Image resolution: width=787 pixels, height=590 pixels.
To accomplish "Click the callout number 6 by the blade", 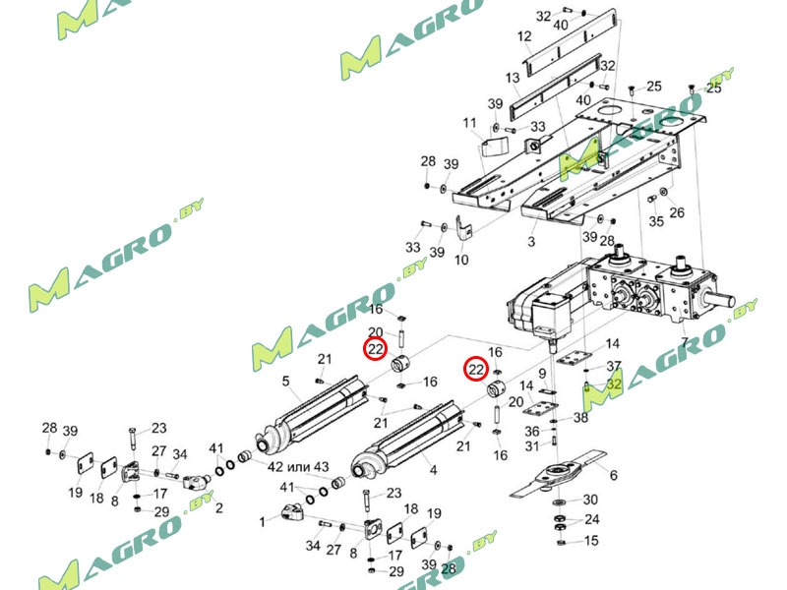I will coord(613,475).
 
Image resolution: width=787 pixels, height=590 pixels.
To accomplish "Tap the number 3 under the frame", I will coord(531,240).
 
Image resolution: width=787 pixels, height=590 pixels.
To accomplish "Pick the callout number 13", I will coord(513,78).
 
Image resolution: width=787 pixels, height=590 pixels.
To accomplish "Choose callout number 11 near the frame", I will coord(470,122).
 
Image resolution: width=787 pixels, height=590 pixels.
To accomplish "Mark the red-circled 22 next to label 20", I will coord(376,349).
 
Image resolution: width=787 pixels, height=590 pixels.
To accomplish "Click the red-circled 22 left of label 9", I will coord(476,370).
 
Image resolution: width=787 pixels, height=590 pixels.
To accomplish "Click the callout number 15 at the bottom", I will coord(591,540).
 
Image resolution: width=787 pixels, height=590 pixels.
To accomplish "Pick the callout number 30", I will coord(591,500).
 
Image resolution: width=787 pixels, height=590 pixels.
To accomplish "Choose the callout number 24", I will coord(591,519).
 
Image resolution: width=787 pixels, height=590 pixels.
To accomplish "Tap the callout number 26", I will coord(677,212).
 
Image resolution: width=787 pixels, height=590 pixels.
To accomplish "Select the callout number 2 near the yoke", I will coord(218,507).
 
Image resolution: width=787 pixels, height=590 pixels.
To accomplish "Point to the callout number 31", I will coord(532,447).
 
